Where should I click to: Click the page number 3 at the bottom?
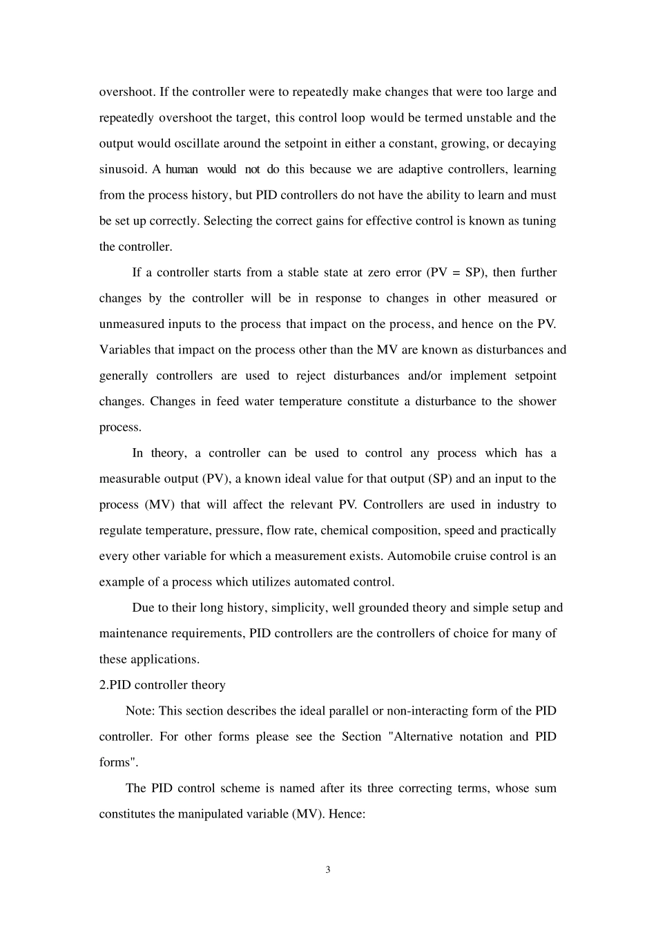coord(328,869)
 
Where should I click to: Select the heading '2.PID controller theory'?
coord(162,685)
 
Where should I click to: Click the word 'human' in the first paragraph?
coord(182,169)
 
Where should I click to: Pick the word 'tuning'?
coord(539,221)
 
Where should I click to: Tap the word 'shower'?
coord(537,401)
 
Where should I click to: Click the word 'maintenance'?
coord(133,633)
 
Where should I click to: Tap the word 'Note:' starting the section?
coord(140,710)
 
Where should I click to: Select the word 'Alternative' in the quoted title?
coord(446,737)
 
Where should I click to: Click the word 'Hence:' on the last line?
coord(346,814)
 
